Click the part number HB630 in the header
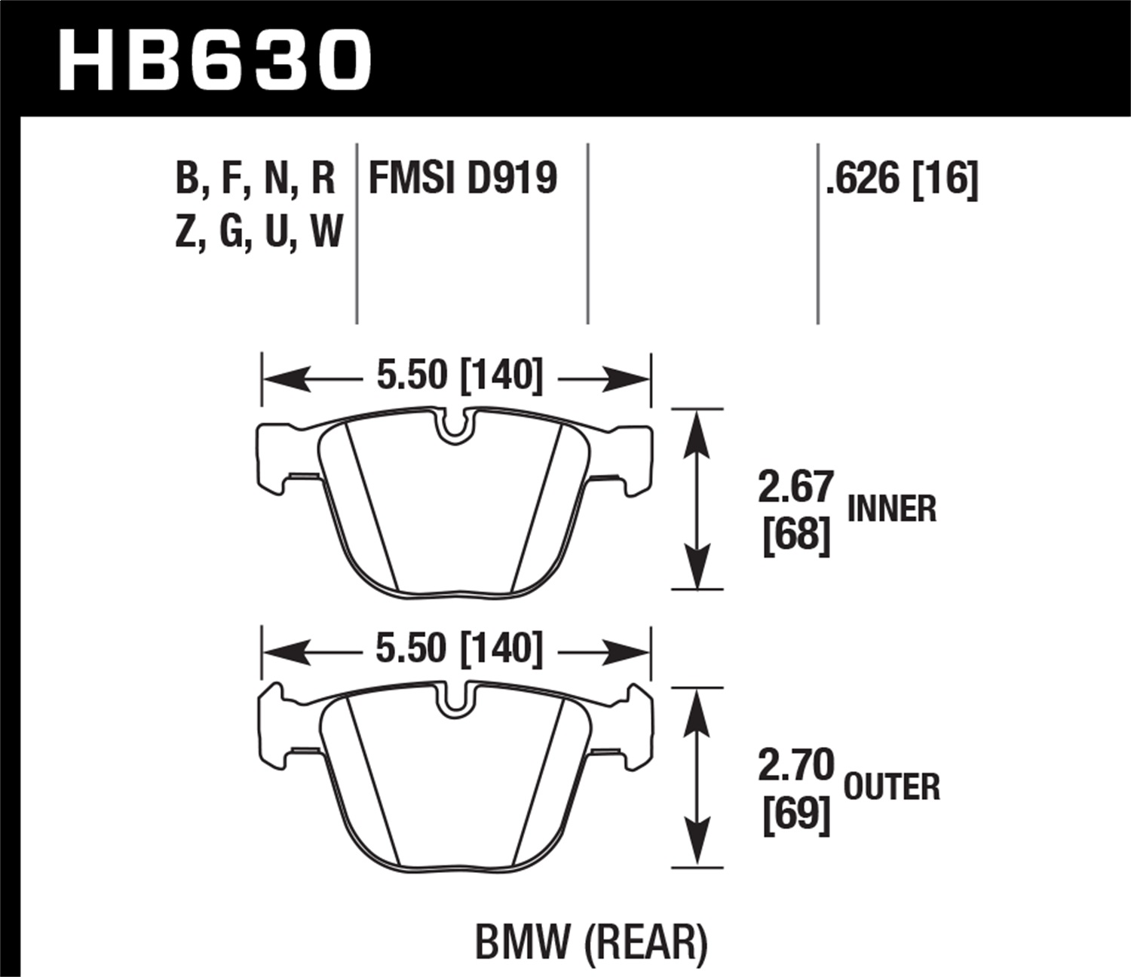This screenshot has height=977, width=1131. (215, 60)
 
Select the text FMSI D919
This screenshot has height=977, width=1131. (462, 179)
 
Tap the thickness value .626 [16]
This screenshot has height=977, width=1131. (902, 179)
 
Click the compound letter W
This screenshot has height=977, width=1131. (326, 231)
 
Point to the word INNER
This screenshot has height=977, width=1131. (892, 509)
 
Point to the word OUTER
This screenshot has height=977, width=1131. (892, 788)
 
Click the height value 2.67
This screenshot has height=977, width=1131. (795, 487)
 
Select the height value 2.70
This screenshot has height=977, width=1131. (795, 766)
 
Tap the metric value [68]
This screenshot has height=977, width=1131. (795, 536)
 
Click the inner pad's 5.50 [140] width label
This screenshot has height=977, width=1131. (459, 375)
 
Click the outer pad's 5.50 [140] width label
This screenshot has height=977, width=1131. (459, 649)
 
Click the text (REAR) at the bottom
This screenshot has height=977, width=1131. (646, 942)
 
